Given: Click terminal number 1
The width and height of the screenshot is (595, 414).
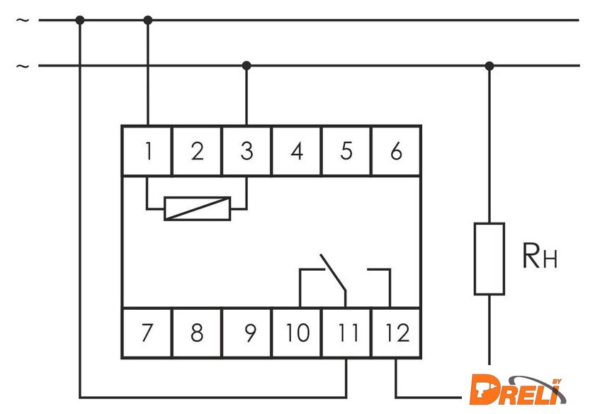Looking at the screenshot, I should pyautogui.click(x=147, y=151).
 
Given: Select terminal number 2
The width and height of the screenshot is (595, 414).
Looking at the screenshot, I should pyautogui.click(x=197, y=151).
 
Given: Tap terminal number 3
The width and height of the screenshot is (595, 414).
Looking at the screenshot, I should pyautogui.click(x=246, y=151).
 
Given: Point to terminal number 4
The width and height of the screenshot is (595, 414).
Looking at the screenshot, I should pyautogui.click(x=297, y=151).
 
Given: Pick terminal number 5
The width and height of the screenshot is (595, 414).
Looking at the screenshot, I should pyautogui.click(x=346, y=151).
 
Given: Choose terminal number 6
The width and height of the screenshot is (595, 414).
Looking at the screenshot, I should pyautogui.click(x=396, y=151).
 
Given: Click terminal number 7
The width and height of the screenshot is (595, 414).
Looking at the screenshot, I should pyautogui.click(x=147, y=333).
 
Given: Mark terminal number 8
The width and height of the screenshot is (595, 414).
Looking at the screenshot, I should pyautogui.click(x=197, y=333).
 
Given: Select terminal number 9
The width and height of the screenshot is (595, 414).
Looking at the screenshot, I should pyautogui.click(x=247, y=333).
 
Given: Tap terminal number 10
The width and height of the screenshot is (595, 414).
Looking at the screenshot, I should pyautogui.click(x=297, y=333).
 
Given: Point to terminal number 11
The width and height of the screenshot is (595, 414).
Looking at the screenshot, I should pyautogui.click(x=346, y=333).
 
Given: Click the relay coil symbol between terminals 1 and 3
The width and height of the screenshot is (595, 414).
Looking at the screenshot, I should pyautogui.click(x=197, y=208).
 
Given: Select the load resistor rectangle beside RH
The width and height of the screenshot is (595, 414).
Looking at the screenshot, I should pyautogui.click(x=489, y=259).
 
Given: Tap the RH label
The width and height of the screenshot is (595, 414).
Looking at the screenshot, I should pyautogui.click(x=540, y=257).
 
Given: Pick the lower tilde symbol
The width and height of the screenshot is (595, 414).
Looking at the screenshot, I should pyautogui.click(x=23, y=66).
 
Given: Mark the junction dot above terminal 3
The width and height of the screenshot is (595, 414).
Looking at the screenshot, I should pyautogui.click(x=246, y=66).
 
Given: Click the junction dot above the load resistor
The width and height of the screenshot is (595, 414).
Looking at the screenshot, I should pyautogui.click(x=489, y=66).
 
